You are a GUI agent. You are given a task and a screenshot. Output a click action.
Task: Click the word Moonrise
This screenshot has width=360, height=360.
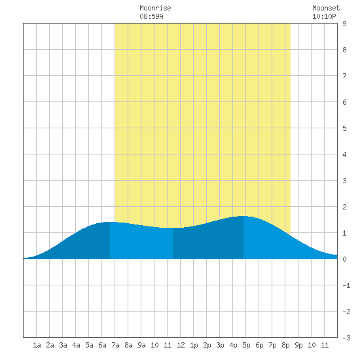(x=155, y=8)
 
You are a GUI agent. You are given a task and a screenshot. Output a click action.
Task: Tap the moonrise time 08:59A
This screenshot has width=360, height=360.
(x=151, y=16)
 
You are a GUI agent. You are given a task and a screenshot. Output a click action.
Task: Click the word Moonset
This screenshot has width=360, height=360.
(x=326, y=8)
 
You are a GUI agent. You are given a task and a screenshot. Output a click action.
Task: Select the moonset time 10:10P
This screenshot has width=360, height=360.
(x=324, y=16)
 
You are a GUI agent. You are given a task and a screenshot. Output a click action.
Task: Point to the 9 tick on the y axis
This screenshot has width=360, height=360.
(x=344, y=24)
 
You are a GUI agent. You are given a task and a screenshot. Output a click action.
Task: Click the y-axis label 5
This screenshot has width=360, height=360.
(x=344, y=128)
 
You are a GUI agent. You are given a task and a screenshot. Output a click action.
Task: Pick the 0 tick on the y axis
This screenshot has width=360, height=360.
(x=344, y=259)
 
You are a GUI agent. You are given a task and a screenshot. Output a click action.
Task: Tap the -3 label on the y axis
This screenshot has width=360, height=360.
(x=346, y=338)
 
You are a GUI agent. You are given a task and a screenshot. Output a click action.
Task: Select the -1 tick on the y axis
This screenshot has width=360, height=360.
(x=346, y=285)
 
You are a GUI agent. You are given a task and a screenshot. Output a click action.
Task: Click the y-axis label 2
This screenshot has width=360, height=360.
(x=344, y=207)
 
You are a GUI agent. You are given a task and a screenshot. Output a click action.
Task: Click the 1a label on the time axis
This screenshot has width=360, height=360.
(x=37, y=345)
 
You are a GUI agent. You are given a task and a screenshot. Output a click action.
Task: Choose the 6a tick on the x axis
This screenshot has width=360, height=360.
(x=102, y=345)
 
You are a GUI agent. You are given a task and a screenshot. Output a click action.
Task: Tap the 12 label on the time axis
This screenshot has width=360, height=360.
(x=181, y=345)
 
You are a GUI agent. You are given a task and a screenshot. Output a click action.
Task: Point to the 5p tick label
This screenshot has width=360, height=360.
(x=246, y=345)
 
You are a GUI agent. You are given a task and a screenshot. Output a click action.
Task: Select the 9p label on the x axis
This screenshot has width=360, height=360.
(x=298, y=345)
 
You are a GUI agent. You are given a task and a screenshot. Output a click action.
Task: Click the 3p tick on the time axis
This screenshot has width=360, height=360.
(x=220, y=345)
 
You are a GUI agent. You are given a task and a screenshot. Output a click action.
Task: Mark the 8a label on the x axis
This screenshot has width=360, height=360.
(x=128, y=345)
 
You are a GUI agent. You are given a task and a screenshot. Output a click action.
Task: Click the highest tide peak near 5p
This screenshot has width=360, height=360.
(x=243, y=216)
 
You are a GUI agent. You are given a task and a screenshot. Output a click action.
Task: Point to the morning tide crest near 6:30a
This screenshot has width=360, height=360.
(x=110, y=222)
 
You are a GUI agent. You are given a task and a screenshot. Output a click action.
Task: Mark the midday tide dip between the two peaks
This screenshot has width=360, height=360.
(x=173, y=228)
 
